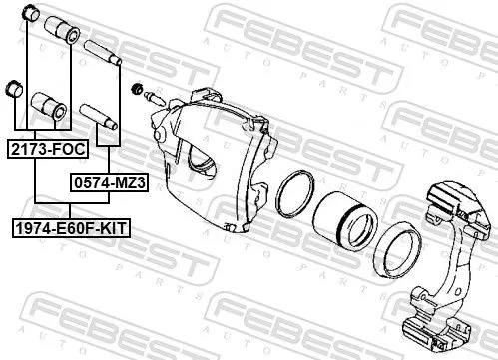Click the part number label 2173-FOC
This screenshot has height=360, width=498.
[47, 149]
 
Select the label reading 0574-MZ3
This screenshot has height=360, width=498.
[102, 182]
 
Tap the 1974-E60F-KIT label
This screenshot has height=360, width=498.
[71, 228]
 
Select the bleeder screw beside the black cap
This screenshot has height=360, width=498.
[155, 98]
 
